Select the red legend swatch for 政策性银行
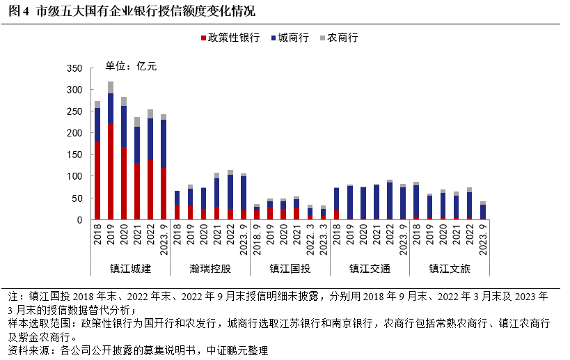[203, 38]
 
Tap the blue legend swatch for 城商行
[273, 38]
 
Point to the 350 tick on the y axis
[74, 68]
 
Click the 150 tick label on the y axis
[74, 155]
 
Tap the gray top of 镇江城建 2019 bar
[111, 87]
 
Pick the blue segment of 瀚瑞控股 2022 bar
[230, 191]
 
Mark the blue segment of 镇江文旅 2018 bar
[415, 201]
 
